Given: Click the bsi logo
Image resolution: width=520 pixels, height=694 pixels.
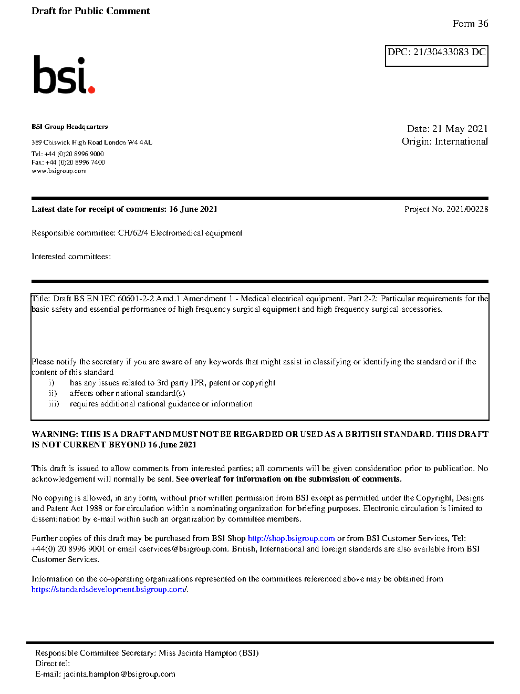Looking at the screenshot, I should (64, 75).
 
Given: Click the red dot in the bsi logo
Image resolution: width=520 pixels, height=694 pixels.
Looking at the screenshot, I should (92, 90).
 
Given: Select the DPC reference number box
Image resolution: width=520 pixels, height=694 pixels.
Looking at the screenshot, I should (436, 55).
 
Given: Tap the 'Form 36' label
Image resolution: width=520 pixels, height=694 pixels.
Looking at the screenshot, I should (470, 24).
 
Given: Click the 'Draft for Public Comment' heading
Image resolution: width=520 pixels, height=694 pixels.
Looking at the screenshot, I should (90, 11).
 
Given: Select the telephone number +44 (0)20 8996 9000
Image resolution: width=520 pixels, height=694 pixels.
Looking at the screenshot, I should (74, 154).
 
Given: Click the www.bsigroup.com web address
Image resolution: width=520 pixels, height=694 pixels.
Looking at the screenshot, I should (59, 171).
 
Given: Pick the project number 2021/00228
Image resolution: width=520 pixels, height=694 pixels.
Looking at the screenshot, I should (467, 209).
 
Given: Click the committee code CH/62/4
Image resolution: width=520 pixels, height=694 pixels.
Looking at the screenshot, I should (133, 233).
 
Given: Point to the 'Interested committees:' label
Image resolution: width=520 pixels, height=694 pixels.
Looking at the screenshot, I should (71, 257).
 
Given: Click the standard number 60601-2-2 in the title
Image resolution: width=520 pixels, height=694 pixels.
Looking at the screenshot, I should (136, 299).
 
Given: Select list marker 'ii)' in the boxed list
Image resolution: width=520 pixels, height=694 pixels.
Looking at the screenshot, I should (53, 393).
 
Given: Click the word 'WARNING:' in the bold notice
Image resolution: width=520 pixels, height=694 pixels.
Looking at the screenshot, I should (55, 434).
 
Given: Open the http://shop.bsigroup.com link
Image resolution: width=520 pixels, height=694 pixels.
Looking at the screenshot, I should (291, 538).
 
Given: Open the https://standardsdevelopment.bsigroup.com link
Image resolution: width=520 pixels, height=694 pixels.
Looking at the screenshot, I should (108, 589).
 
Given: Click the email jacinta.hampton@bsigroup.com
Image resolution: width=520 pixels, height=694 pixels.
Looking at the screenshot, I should (119, 674).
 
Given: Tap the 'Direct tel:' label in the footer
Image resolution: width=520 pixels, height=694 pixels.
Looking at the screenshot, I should (53, 664).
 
